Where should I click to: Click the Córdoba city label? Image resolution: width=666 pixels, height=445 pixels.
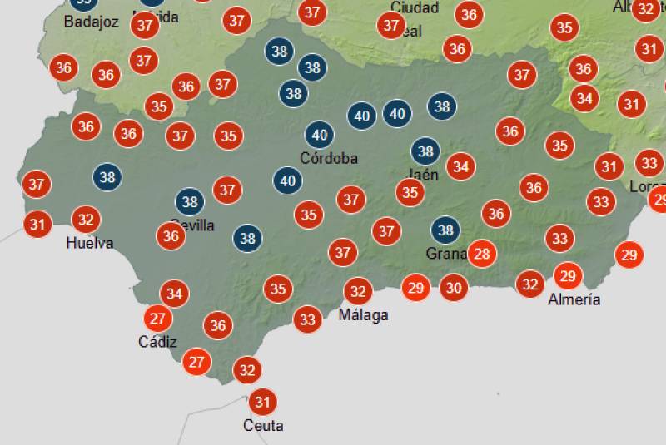click(x=329, y=158)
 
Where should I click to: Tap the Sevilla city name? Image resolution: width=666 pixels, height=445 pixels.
click(x=192, y=225)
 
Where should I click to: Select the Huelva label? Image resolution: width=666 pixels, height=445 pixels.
click(x=90, y=243)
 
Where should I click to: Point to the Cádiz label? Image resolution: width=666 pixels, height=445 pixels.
click(x=157, y=341)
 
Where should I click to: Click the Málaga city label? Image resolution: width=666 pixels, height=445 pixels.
click(x=363, y=315)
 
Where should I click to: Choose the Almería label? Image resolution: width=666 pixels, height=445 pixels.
click(x=574, y=299)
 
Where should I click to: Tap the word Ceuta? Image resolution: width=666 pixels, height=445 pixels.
click(x=263, y=426)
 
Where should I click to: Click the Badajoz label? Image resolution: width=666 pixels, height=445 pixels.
click(x=91, y=22)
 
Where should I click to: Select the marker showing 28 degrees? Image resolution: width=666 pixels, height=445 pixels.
click(x=481, y=254)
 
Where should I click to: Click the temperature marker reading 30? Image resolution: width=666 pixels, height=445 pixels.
click(x=453, y=288)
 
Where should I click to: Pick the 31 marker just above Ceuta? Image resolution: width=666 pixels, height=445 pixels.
click(x=263, y=403)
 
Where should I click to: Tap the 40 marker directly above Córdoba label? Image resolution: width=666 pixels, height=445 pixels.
click(x=319, y=135)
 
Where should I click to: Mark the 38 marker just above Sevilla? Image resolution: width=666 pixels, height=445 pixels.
click(x=190, y=201)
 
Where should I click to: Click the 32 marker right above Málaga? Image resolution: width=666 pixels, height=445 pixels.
click(x=358, y=291)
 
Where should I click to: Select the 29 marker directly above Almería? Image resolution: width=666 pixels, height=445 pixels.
click(x=568, y=276)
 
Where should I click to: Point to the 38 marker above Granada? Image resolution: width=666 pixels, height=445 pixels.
click(x=445, y=230)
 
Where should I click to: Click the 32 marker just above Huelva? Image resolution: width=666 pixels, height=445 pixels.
click(x=85, y=220)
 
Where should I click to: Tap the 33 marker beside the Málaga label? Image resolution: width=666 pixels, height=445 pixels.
click(x=307, y=319)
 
